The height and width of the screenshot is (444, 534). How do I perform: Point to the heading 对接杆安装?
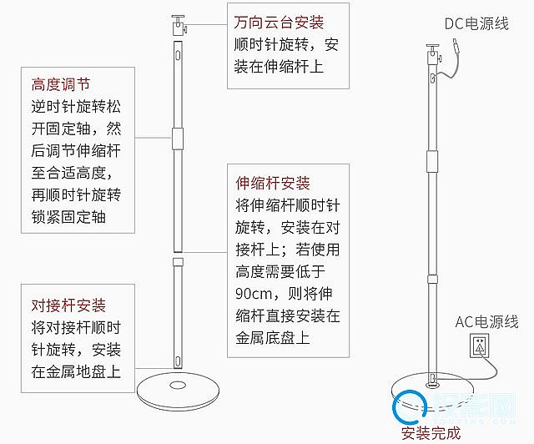68,305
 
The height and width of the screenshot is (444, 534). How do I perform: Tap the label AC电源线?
486,321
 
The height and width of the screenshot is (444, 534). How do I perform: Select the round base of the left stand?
179,389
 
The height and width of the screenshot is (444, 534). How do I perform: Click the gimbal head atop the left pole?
179,23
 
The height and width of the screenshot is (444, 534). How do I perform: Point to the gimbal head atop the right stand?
432,52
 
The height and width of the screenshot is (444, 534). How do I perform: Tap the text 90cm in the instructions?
254,294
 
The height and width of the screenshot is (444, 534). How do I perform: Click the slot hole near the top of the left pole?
179,56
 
